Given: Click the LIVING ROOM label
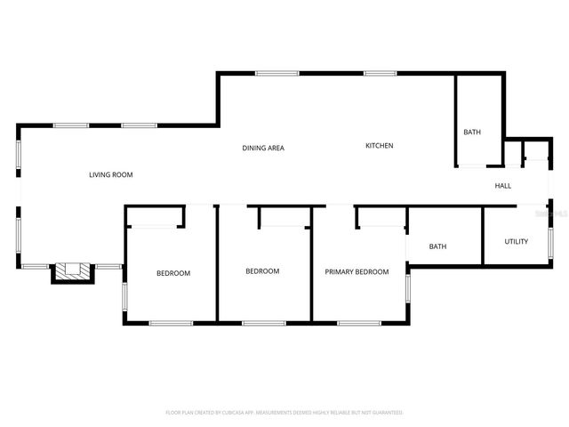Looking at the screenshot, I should point(111,175).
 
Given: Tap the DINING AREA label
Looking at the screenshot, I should point(263,148).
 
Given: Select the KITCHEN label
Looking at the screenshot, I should point(379,146).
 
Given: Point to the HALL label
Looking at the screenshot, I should point(503,186).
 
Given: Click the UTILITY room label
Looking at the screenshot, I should point(517,241).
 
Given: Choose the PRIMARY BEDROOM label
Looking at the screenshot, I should point(357,272).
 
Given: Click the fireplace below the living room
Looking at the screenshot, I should point(73,272).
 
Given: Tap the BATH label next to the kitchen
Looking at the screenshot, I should point(472,133).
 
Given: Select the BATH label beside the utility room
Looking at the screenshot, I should point(437,247).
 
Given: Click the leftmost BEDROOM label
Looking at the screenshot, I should point(173,273).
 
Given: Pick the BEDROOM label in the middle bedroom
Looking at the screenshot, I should point(262,271).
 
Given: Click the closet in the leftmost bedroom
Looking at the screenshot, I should point(154,217).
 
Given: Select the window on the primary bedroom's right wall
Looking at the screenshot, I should point(407,290).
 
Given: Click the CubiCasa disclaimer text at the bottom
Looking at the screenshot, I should point(284,413).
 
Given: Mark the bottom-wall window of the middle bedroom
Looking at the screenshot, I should point(263,322).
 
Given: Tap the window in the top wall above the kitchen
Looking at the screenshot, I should point(380,73).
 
